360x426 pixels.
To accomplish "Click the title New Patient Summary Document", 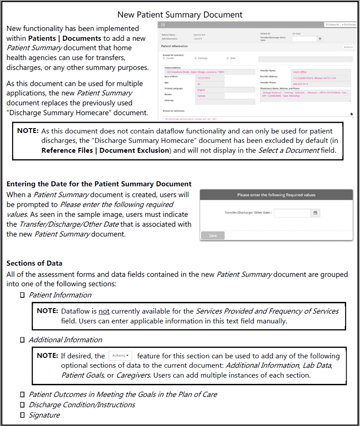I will [x=180, y=15].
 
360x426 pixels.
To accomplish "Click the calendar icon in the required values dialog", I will [x=315, y=213].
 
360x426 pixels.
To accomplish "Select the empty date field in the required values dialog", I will [x=292, y=213].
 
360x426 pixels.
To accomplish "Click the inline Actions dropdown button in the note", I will [x=120, y=356].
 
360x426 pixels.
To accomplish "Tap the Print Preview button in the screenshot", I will [x=349, y=25].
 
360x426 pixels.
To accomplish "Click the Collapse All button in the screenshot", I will [x=332, y=25].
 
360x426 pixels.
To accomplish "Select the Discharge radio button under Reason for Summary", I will [x=195, y=58].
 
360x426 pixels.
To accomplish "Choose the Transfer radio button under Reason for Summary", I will [x=164, y=58].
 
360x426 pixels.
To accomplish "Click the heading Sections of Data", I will [x=34, y=263].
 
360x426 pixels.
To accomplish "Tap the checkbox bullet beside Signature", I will [x=22, y=415].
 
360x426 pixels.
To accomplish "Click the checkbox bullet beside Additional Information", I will [x=22, y=340].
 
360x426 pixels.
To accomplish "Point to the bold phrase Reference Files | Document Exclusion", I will [x=106, y=150].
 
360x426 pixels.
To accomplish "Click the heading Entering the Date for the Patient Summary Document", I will [x=99, y=184].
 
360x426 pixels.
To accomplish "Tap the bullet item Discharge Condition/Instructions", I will [x=82, y=404].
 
